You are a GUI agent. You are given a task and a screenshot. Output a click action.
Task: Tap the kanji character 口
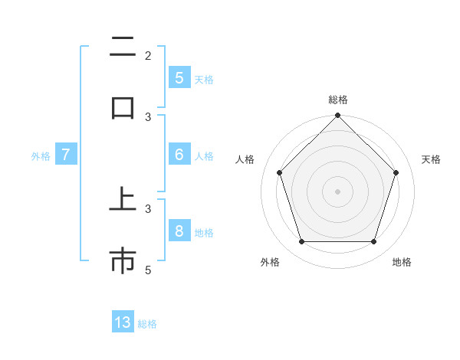tap(123, 107)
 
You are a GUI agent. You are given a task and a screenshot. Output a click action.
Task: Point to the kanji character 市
tap(123, 261)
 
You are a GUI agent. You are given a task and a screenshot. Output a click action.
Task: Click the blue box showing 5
tap(179, 77)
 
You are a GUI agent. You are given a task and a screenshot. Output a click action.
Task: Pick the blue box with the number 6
tap(179, 154)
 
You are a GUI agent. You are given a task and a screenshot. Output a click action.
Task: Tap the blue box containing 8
tap(179, 231)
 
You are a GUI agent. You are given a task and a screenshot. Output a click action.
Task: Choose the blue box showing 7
tap(66, 154)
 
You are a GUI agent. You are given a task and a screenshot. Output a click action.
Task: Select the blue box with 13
tap(123, 322)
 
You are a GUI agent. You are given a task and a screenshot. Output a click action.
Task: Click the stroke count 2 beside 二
tap(148, 56)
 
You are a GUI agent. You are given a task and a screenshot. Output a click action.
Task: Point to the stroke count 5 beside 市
tap(148, 270)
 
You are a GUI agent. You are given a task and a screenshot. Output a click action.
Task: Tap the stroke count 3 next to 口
tap(148, 117)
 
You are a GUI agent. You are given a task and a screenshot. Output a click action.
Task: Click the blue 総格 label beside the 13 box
tap(147, 324)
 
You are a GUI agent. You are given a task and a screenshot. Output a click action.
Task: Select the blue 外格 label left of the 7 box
tap(41, 155)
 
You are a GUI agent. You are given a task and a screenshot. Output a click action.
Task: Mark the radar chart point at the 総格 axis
tap(337, 116)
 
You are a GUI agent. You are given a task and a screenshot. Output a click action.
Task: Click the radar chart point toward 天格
tap(396, 172)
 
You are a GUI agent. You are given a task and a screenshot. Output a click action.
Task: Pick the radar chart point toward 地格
tap(373, 242)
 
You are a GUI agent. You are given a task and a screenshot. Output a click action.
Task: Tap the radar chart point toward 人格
tap(279, 172)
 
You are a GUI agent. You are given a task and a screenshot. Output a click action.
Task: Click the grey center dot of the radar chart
tap(337, 191)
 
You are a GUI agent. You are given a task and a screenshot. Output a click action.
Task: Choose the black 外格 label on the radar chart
tap(270, 262)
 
